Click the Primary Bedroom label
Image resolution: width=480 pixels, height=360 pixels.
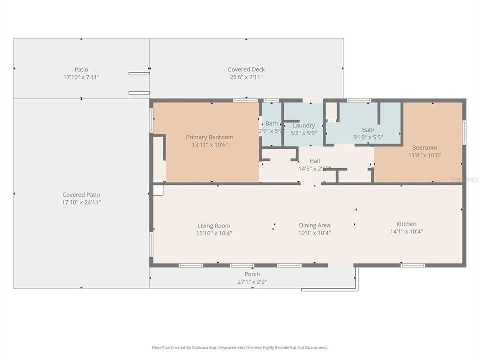(x=209, y=137)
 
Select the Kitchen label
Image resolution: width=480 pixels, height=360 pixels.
(x=406, y=224)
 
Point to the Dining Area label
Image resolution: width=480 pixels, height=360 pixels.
(x=314, y=225)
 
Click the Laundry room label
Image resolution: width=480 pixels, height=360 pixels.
(x=303, y=125)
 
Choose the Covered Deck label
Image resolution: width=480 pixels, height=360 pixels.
(x=246, y=69)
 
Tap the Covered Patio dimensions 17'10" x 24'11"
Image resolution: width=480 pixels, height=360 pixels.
(x=81, y=202)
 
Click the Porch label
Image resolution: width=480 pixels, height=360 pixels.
(x=252, y=274)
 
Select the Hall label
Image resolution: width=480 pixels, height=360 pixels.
(x=315, y=161)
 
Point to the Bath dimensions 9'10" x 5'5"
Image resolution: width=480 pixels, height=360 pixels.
(x=368, y=137)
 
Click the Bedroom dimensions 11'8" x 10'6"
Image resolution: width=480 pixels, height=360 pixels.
(x=424, y=155)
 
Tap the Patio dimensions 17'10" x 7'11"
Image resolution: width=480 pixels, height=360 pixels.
(x=81, y=77)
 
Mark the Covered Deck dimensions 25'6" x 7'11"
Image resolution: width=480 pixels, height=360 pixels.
(x=246, y=77)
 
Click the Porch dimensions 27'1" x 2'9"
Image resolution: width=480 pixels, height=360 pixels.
(x=252, y=281)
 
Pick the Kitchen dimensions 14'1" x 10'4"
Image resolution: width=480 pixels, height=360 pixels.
(x=406, y=231)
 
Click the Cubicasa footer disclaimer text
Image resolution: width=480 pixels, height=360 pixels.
(x=240, y=347)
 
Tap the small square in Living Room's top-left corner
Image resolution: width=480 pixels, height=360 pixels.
(x=158, y=190)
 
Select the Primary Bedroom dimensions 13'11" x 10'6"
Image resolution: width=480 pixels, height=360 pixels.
(x=209, y=145)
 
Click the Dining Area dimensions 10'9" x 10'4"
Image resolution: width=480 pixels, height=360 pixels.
(x=314, y=233)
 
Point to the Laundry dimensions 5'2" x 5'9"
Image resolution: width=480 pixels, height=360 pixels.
(x=303, y=133)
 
